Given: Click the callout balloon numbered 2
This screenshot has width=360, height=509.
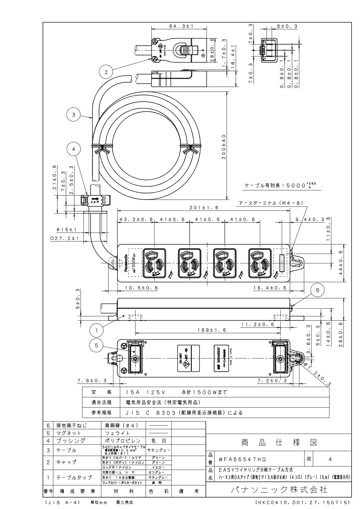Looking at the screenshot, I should click(x=106, y=72).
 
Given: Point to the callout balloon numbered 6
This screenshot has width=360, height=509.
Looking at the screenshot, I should click(x=317, y=290).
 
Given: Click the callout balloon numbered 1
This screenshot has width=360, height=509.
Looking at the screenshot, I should click(x=97, y=331).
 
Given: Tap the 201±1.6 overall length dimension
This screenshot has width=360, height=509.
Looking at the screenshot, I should click(x=204, y=208).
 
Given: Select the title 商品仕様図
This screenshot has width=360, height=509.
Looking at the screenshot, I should click(x=279, y=443).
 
